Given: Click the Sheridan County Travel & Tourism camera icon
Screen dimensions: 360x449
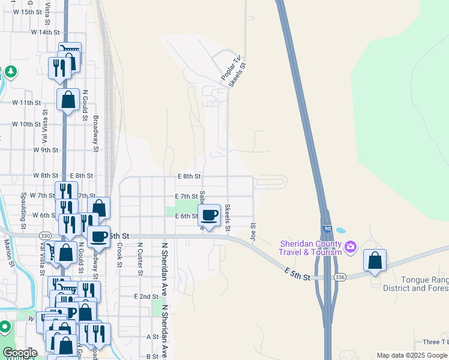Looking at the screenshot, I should [x=351, y=247].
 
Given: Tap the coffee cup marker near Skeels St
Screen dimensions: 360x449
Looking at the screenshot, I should [x=209, y=215].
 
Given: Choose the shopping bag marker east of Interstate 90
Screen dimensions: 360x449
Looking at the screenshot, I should [x=375, y=261].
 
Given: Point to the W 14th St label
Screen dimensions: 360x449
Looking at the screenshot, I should [x=46, y=32].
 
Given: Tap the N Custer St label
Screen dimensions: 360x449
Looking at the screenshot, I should [x=140, y=259].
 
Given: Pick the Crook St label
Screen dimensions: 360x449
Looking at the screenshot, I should [x=120, y=254].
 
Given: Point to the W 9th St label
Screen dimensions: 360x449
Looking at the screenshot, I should [x=46, y=150].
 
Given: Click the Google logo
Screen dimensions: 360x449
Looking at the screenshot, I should [x=20, y=353].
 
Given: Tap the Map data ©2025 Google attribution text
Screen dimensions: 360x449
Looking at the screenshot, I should [x=411, y=355].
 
